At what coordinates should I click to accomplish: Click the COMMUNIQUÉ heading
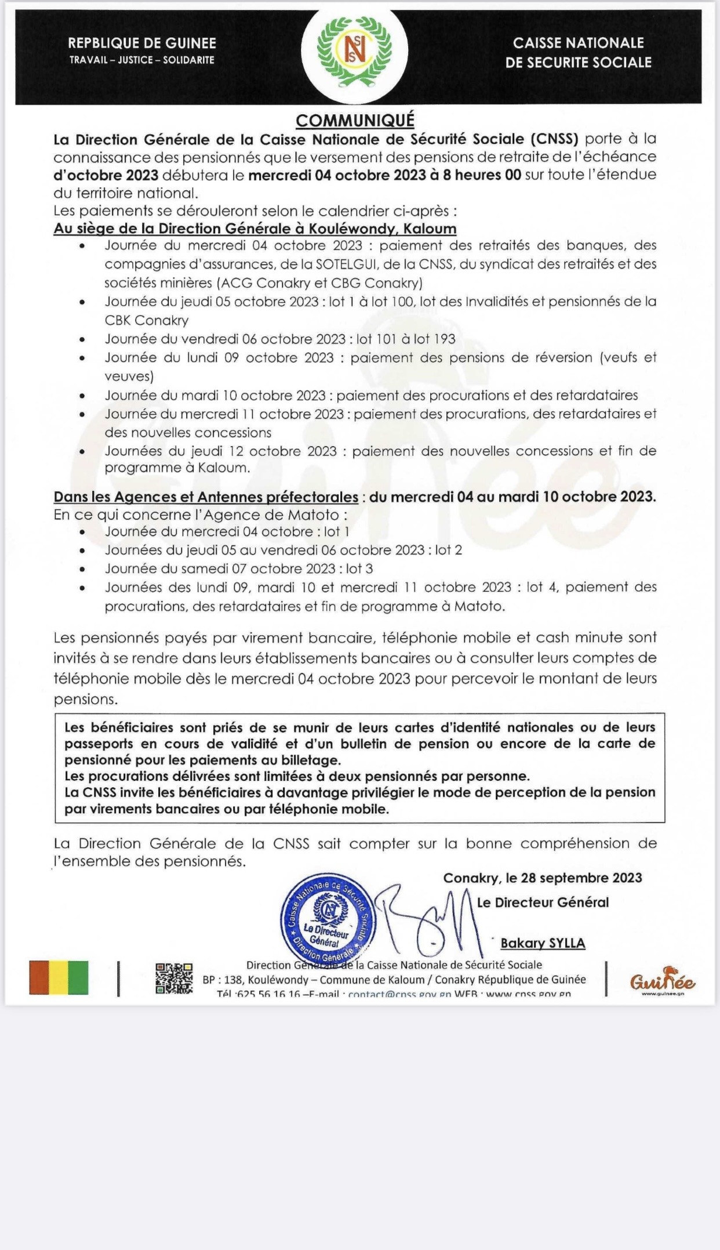355,120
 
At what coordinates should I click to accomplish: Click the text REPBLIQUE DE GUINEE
142,43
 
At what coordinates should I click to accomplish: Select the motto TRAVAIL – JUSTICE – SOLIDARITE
142,60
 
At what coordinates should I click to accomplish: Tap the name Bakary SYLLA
543,943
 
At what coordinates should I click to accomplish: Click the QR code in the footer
174,979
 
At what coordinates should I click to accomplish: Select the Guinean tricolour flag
59,978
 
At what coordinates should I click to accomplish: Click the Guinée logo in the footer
663,981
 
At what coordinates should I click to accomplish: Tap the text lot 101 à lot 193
406,339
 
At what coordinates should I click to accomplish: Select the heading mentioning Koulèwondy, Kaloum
255,229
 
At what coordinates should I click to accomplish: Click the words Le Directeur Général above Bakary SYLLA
543,902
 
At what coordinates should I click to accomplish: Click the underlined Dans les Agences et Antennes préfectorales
206,497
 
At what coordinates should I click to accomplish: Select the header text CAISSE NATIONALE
578,43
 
